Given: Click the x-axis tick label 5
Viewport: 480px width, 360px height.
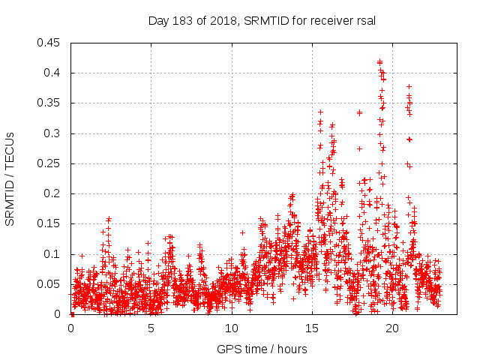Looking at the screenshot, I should pyautogui.click(x=151, y=328).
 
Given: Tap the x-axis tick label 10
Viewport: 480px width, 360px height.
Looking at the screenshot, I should pyautogui.click(x=231, y=328).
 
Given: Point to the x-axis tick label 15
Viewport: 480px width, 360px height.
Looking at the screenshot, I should pyautogui.click(x=311, y=328).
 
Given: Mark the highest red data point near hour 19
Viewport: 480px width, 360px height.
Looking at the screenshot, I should pyautogui.click(x=379, y=61).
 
